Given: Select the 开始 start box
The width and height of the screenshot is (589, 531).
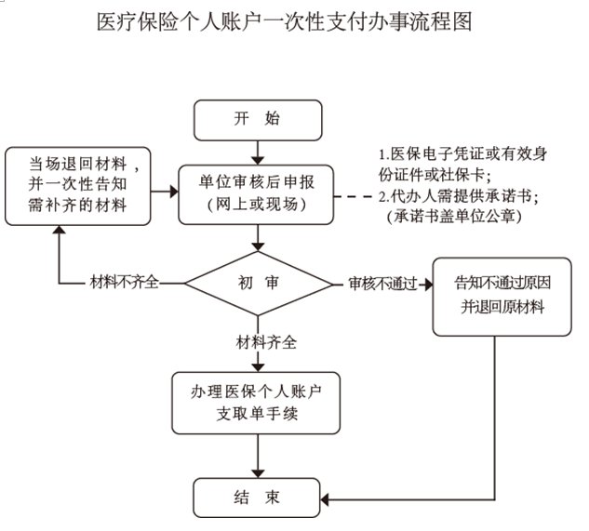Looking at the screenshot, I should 258,118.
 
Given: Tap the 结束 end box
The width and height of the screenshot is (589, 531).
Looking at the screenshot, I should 258,497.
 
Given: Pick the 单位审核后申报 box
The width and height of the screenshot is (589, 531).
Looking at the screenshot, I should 257,191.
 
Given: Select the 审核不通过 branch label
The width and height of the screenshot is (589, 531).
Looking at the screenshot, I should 382,283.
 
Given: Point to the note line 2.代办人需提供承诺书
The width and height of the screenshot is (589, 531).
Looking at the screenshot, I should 460,196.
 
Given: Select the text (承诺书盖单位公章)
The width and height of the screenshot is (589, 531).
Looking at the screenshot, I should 454,217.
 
